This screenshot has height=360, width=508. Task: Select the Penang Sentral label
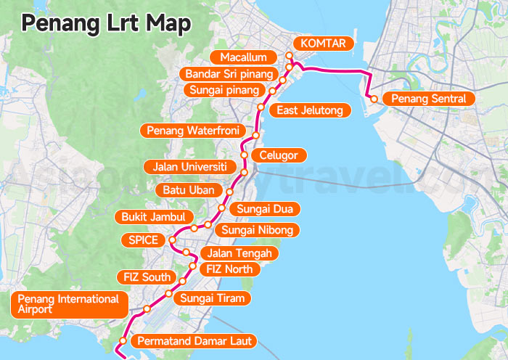428,99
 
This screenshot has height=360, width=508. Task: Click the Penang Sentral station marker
372,99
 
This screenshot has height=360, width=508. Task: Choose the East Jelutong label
310,110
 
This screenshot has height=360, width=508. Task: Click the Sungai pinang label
224,90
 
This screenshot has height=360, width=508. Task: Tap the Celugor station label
279,155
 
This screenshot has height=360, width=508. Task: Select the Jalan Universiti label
190,167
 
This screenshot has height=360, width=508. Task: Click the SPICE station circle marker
172,240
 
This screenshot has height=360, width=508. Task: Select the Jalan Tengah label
239,253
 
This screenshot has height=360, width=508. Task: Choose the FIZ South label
147,277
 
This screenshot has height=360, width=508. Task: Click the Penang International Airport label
69,304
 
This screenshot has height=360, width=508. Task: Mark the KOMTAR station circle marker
289,56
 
